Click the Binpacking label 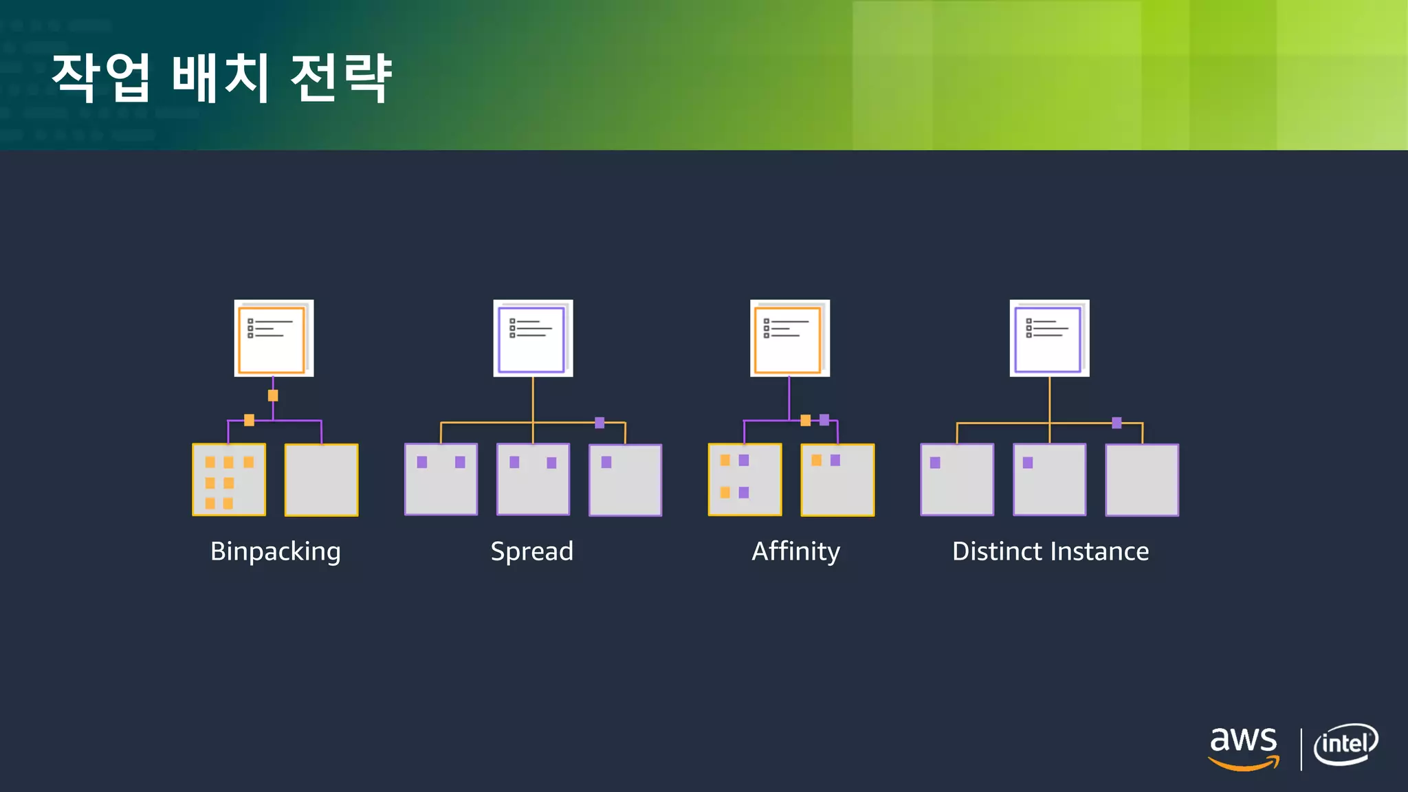tap(275, 551)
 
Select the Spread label tap(531, 551)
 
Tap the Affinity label tap(795, 551)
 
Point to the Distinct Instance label tap(1050, 551)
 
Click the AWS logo tap(1244, 748)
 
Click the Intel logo tap(1345, 745)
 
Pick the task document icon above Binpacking tap(274, 338)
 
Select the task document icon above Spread tap(533, 338)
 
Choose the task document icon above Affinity tap(789, 338)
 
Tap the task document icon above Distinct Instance tap(1049, 338)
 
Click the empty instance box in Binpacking tap(321, 480)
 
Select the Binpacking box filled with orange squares tap(229, 480)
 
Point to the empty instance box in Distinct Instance tap(1141, 480)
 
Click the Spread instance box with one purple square tap(625, 480)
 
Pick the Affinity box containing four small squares tap(745, 480)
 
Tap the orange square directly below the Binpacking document tap(273, 395)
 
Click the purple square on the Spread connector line tap(599, 422)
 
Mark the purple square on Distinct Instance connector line tap(1116, 423)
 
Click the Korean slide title tap(221, 77)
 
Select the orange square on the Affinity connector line tap(805, 420)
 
